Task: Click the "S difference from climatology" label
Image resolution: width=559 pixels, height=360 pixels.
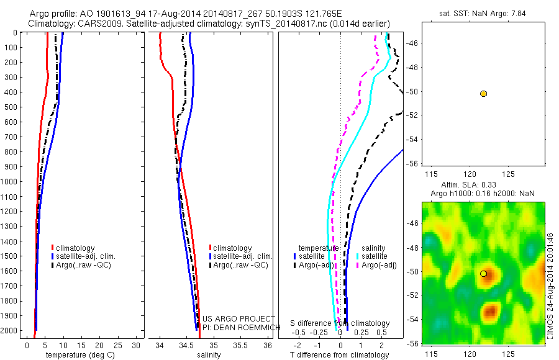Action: point(340,323)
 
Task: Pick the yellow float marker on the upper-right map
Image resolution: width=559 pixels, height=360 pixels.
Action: point(483,94)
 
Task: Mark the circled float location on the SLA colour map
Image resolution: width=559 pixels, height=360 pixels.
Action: point(483,274)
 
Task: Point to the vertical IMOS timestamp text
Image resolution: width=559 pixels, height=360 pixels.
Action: point(550,286)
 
